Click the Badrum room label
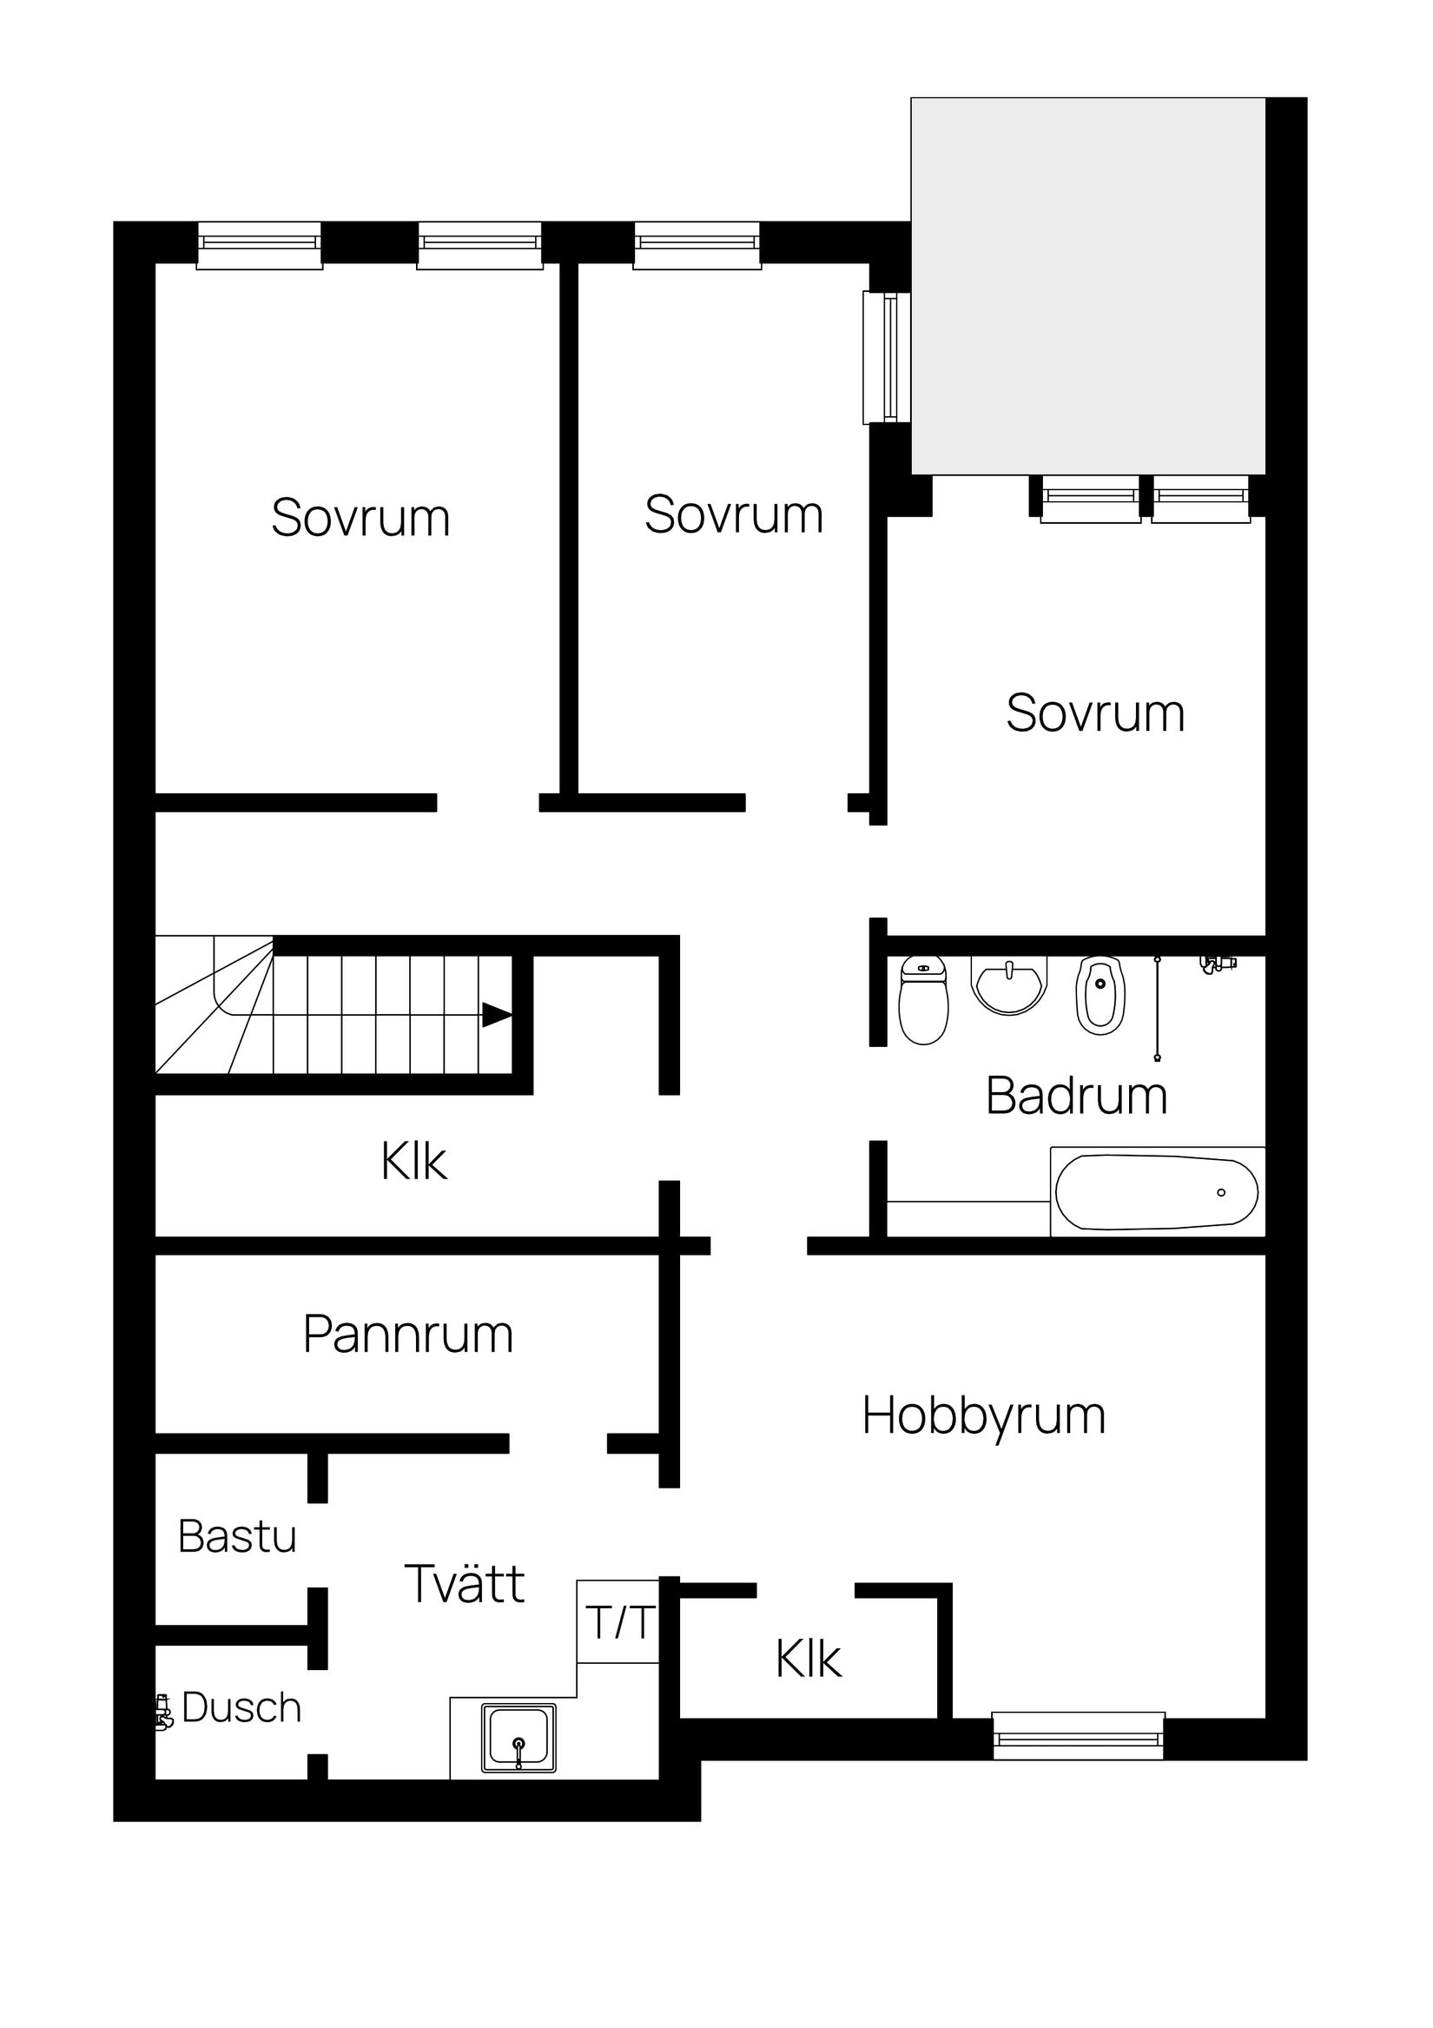tap(1076, 1097)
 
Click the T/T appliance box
tap(619, 1622)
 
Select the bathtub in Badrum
tap(1157, 1191)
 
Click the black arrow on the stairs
tap(496, 1015)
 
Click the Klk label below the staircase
tap(413, 1162)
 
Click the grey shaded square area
tap(1087, 285)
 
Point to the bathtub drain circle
tap(1221, 1192)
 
